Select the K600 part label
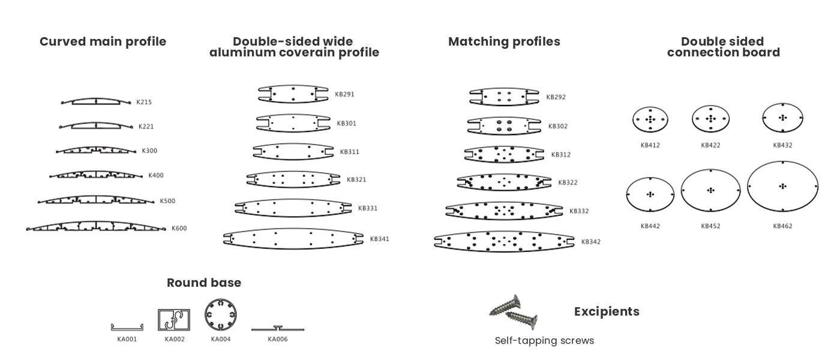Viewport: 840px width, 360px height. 179,229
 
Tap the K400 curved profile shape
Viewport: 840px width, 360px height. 96,175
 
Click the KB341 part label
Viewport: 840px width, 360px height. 379,239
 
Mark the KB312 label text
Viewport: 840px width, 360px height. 561,155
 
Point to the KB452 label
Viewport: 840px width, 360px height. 710,226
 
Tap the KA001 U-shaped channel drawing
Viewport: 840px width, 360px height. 127,329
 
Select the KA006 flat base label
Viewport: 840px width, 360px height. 277,340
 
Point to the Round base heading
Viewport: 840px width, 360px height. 204,283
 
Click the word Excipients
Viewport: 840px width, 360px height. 607,311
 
